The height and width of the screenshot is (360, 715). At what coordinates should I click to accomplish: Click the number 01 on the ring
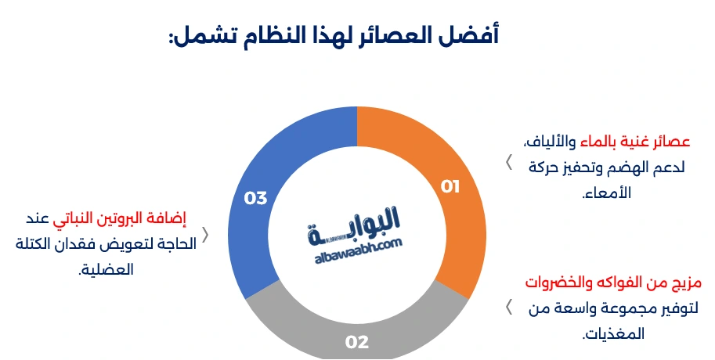[x=450, y=186]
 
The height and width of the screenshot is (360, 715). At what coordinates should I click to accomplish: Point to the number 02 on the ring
[x=357, y=342]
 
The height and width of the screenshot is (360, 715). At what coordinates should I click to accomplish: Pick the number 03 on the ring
[x=256, y=198]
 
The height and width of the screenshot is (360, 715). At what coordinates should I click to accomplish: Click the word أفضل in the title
[x=476, y=35]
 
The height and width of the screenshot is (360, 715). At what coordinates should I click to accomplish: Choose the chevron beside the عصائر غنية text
[x=508, y=162]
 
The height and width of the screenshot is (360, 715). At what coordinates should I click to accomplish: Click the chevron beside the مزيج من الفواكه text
[x=508, y=305]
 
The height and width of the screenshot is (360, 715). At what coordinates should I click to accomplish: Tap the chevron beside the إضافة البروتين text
[x=205, y=235]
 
